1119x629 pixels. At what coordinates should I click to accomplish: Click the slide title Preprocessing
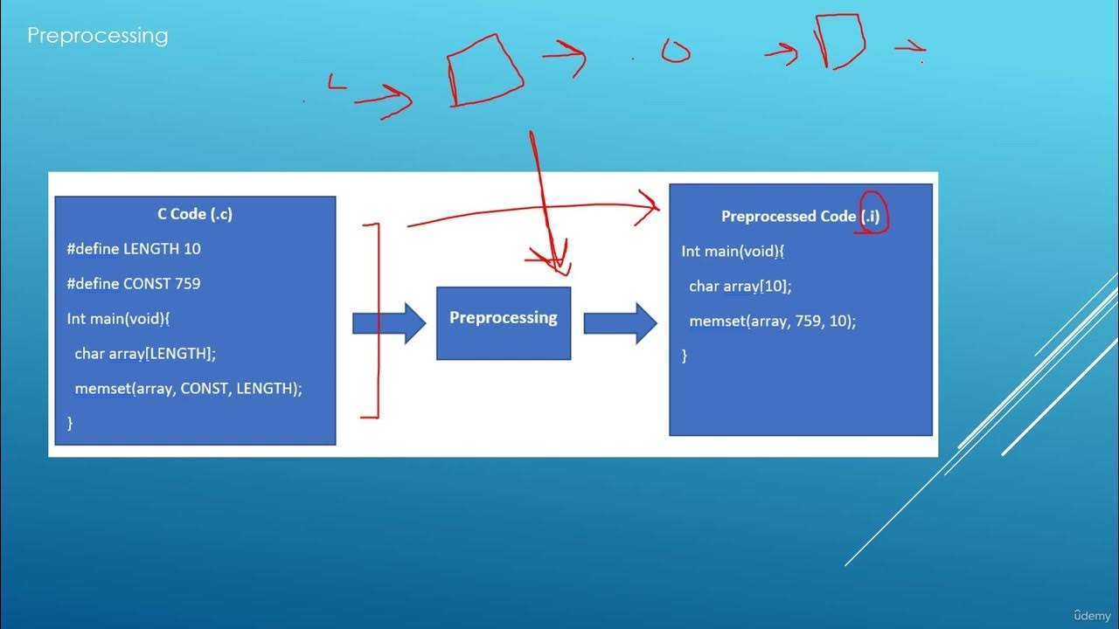pos(97,36)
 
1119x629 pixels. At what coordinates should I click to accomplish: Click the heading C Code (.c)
pos(195,214)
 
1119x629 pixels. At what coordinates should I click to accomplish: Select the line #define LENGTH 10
pos(134,249)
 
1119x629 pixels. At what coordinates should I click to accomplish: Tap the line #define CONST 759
pos(134,284)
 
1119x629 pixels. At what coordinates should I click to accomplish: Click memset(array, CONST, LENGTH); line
pos(188,389)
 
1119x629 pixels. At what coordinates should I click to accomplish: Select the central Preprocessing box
pos(504,323)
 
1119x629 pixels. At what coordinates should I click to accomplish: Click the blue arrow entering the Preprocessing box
pos(388,323)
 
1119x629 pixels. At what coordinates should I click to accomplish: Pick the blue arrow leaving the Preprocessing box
pos(620,323)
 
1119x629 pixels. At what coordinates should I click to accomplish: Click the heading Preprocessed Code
pos(788,217)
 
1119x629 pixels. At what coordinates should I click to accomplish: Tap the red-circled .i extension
pos(872,215)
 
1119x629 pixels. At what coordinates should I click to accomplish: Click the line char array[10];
pos(740,287)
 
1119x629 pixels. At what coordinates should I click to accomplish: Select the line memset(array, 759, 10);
pos(772,321)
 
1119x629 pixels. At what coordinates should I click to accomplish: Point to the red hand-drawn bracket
pos(376,321)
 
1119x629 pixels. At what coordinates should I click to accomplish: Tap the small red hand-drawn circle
pos(675,53)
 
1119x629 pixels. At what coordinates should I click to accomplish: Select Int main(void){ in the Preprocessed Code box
pos(733,252)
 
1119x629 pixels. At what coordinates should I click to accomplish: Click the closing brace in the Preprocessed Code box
pos(685,356)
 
